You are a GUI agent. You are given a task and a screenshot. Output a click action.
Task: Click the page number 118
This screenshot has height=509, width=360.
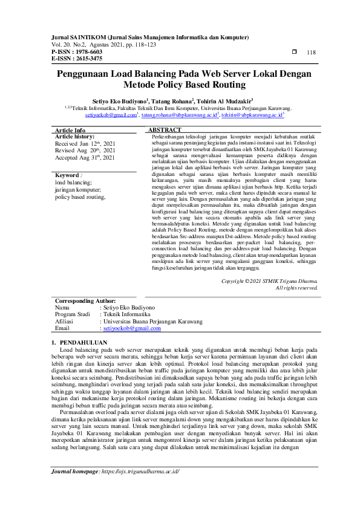click(x=312, y=53)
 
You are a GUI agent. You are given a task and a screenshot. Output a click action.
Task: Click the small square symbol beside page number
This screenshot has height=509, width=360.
click(x=295, y=52)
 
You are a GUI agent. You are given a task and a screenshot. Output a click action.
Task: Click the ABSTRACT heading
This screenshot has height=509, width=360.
click(x=165, y=130)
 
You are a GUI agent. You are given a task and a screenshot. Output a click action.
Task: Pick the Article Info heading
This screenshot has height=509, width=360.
click(x=70, y=131)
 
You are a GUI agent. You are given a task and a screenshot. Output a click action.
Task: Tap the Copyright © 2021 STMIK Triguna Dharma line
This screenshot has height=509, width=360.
click(x=269, y=281)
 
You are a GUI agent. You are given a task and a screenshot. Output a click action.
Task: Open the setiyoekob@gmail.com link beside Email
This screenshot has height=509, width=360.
click(x=132, y=328)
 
